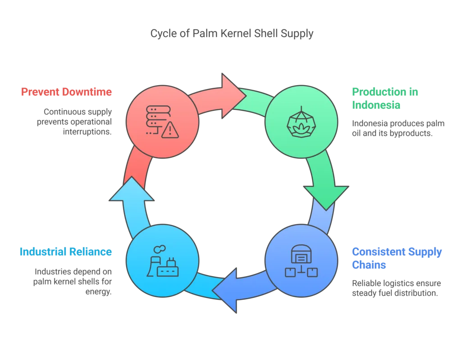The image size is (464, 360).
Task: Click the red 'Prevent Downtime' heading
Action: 66,92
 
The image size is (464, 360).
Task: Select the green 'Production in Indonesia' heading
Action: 384,99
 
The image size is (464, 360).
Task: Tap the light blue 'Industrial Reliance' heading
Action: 65,251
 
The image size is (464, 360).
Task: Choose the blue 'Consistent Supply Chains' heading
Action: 396,258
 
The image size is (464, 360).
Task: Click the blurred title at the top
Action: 232,33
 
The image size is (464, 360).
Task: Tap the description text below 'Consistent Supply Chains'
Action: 396,288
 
